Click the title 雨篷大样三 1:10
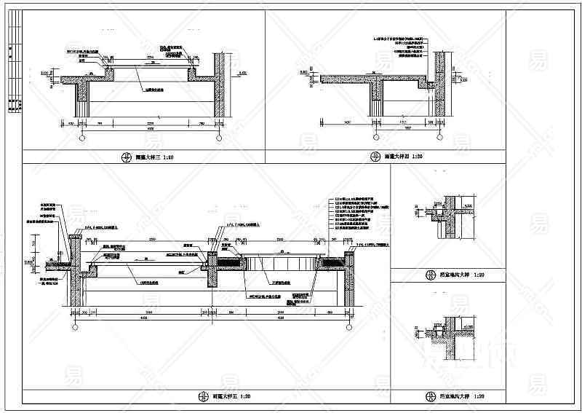[155, 157]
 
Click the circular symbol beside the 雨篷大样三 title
[128, 157]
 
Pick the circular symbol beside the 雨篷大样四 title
[375, 156]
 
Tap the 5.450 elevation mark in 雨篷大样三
[243, 73]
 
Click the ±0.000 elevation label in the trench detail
[466, 318]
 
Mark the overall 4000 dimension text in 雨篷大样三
[149, 129]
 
